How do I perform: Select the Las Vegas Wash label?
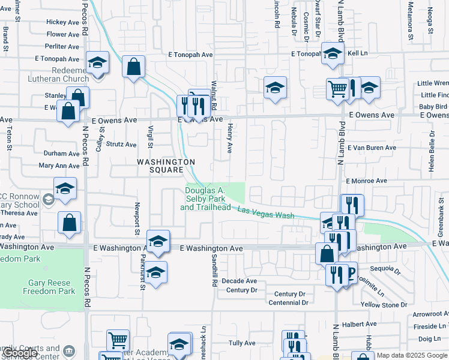[265, 212]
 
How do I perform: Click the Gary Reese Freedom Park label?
[49, 287]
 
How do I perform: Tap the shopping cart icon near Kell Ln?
[337, 89]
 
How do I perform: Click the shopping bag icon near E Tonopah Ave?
[133, 67]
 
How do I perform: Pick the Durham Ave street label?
[62, 154]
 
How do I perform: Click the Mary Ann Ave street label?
[59, 166]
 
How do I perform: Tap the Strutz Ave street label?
[121, 144]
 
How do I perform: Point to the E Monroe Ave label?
[366, 181]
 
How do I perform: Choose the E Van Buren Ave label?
[370, 148]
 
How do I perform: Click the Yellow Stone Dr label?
[383, 305]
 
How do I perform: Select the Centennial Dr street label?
[288, 302]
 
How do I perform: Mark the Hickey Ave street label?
[63, 22]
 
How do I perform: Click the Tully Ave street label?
[243, 343]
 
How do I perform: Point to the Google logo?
[20, 353]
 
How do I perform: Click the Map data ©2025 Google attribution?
[411, 355]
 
